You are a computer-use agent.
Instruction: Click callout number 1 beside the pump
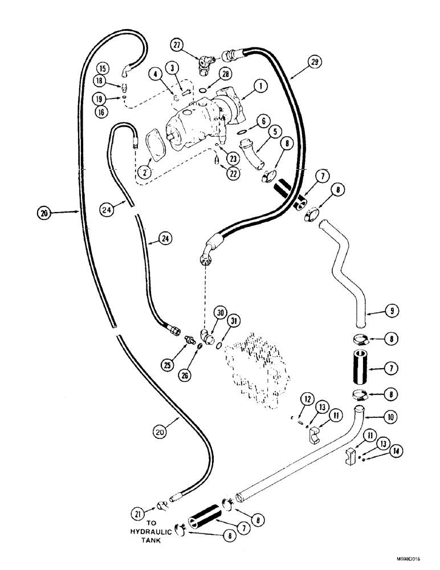point(260,87)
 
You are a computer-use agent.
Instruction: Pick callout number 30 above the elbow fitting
point(220,312)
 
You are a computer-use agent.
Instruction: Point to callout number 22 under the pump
point(233,174)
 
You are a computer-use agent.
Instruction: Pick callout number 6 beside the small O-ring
point(263,121)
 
